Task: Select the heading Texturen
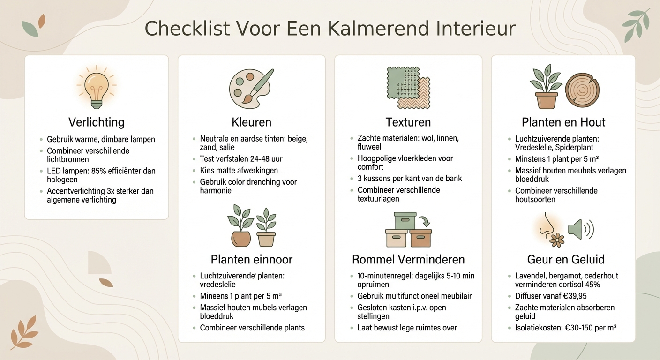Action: click(408, 122)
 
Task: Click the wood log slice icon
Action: click(582, 89)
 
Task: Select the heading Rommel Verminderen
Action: click(408, 259)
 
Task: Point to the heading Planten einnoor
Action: click(251, 259)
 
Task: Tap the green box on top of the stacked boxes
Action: click(405, 221)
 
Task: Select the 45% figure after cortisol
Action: click(591, 285)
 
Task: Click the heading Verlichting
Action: click(96, 122)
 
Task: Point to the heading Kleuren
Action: click(251, 122)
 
